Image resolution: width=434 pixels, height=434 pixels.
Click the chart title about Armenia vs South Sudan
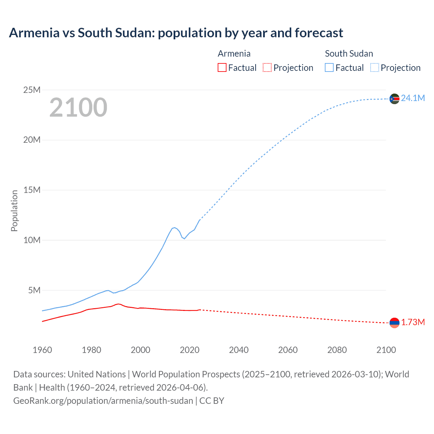176,33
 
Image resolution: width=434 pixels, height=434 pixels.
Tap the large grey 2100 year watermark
78,107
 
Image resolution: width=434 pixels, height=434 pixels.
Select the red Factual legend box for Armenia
222,67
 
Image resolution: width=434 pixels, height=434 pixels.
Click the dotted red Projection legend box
267,67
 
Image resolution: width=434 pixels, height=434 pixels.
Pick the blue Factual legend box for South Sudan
329,67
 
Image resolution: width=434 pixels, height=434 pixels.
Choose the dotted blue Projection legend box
374,67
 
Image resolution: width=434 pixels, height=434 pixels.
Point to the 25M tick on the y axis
32,90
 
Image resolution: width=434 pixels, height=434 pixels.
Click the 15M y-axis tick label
32,190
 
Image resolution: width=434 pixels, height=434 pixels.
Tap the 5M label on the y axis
34,290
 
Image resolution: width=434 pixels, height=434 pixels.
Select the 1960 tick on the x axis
42,350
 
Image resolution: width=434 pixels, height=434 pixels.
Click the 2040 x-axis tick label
239,350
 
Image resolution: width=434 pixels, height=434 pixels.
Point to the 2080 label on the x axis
337,350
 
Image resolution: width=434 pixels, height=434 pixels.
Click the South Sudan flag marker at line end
394,99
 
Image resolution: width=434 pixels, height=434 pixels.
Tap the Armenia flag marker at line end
394,323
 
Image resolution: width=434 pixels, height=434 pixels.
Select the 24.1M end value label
413,98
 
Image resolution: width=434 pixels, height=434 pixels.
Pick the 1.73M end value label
413,322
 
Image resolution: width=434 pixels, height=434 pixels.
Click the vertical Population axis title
14,211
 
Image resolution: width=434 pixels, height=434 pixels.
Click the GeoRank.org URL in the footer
103,401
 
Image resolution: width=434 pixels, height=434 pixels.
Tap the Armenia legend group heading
234,54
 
